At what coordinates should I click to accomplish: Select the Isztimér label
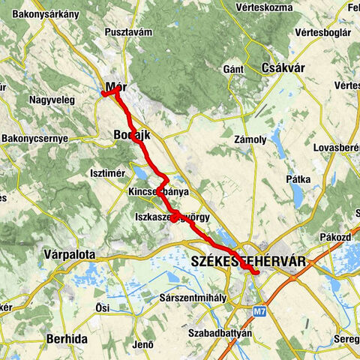(106, 173)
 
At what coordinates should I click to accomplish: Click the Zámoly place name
(250, 139)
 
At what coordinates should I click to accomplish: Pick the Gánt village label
(233, 70)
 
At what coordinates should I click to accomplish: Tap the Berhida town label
(67, 339)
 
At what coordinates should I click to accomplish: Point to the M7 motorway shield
(259, 309)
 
